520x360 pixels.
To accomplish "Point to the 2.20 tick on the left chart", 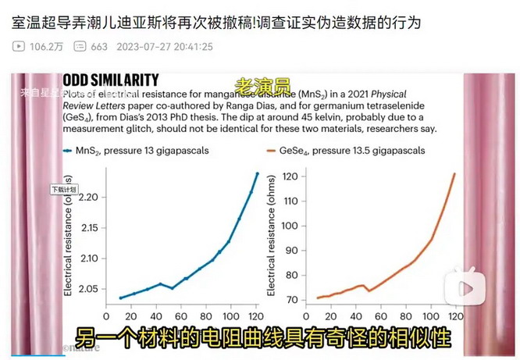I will pyautogui.click(x=91, y=197).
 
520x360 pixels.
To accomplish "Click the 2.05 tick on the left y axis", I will pyautogui.click(x=91, y=289).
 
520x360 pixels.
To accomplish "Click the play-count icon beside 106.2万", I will pyautogui.click(x=19, y=46).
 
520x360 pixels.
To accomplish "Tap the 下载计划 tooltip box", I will pyautogui.click(x=63, y=189).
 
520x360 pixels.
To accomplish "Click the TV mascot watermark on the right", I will pyautogui.click(x=459, y=287).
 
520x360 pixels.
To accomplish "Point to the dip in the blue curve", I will pyautogui.click(x=173, y=288).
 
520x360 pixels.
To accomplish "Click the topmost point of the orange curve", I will pyautogui.click(x=454, y=173).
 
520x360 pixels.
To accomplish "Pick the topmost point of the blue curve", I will pyautogui.click(x=257, y=173).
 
